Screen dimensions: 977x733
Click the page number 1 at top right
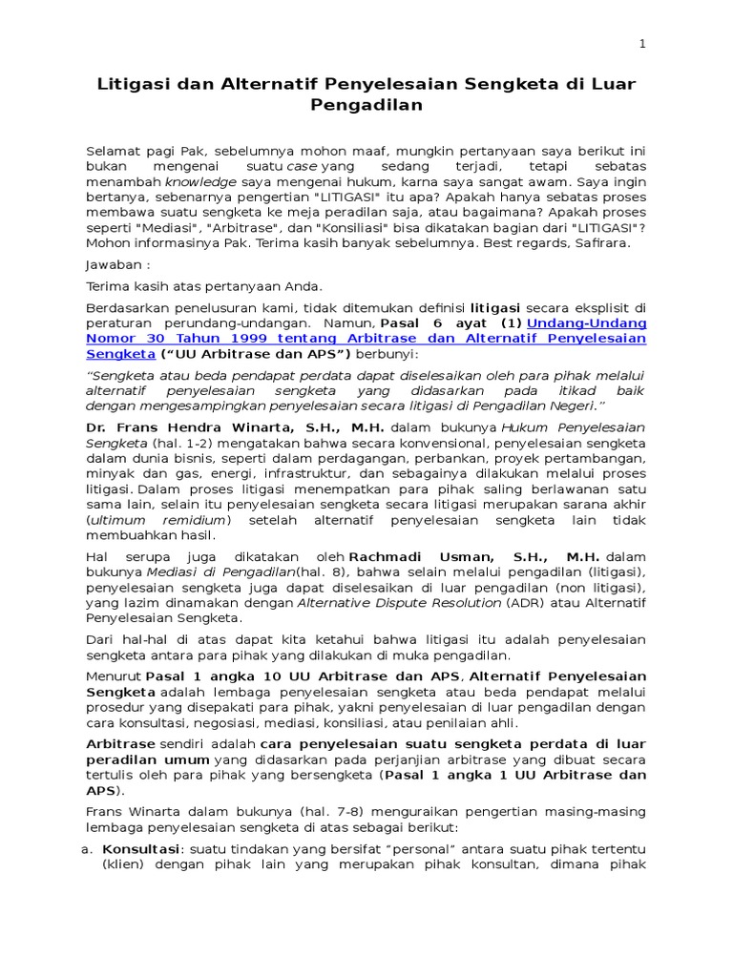[642, 44]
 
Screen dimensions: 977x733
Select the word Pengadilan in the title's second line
[366, 106]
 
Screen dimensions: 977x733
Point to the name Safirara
[603, 243]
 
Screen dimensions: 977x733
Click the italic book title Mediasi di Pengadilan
[191, 572]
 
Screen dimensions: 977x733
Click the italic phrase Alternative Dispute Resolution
[399, 602]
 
